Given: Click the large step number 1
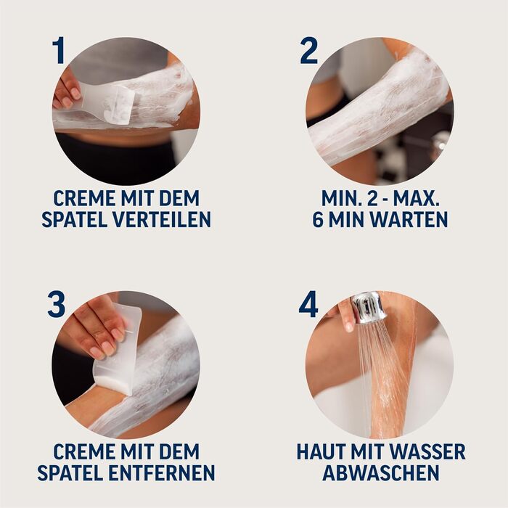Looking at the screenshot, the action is pos(59,50).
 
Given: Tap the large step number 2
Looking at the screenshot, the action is pos(308,50).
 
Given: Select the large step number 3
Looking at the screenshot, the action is pos(57,304).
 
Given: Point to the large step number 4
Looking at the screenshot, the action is pos(308,304).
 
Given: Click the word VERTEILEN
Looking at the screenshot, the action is pos(162,219).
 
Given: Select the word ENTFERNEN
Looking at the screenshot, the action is pos(161,472).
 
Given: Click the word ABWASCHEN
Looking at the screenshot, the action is pos(381,472).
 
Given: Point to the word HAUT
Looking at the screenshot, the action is pos(320,452).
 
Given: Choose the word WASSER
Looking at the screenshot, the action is pos(433,452).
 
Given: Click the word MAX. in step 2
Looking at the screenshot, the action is pos(416,198).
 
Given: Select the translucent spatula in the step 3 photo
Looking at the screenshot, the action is pos(118,350).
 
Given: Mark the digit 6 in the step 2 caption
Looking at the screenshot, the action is pos(318,219).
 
